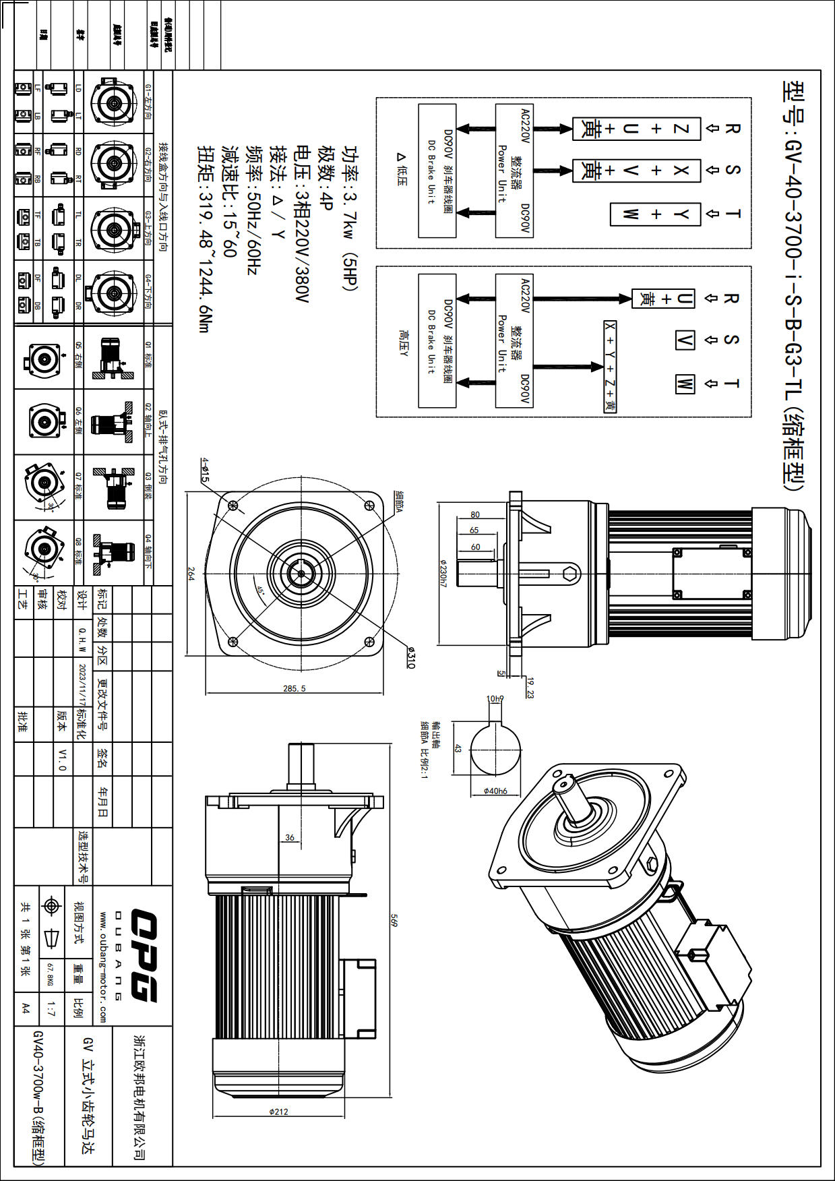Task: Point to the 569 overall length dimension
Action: (396, 920)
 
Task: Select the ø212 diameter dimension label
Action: (278, 1112)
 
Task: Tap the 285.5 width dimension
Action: (295, 688)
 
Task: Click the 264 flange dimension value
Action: (191, 574)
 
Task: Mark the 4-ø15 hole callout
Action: (205, 470)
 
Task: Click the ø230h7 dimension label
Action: (443, 572)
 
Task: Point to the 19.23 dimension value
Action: (530, 688)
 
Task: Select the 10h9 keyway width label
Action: (495, 699)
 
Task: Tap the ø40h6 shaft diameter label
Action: (495, 791)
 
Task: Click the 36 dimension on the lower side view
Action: (290, 837)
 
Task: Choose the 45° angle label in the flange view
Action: (259, 588)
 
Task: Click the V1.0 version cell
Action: (62, 759)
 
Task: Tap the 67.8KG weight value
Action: (49, 975)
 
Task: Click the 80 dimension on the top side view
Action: (475, 515)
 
